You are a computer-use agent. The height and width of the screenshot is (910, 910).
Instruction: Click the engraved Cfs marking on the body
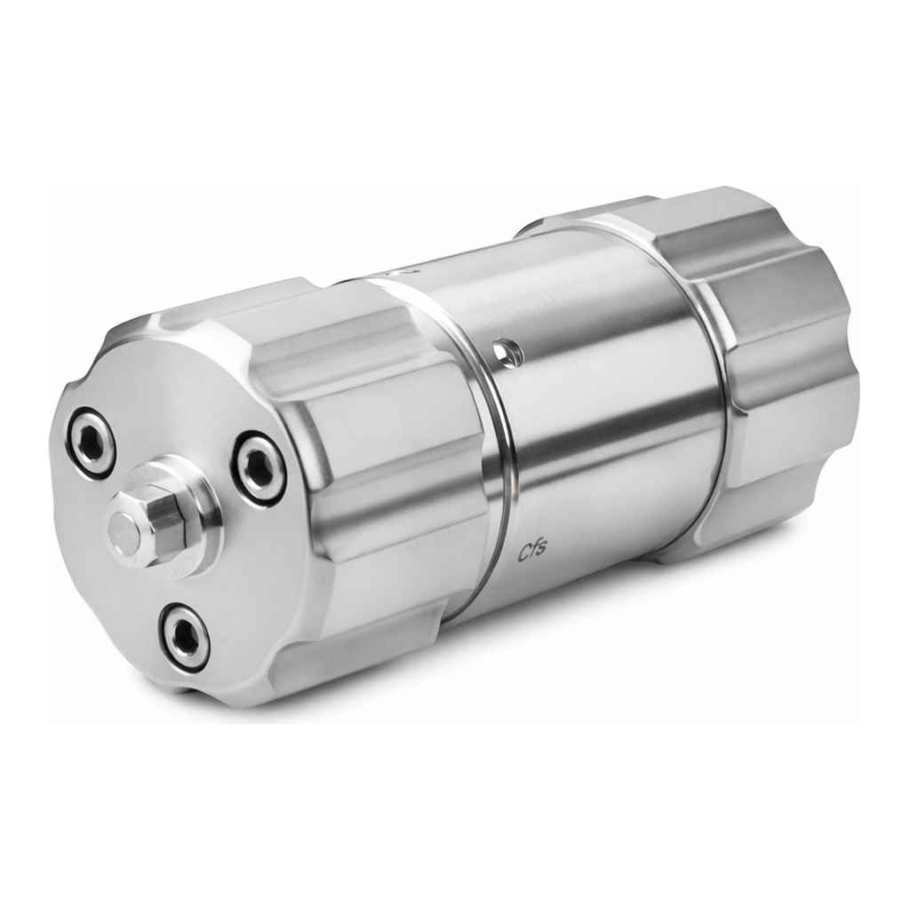(x=531, y=551)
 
